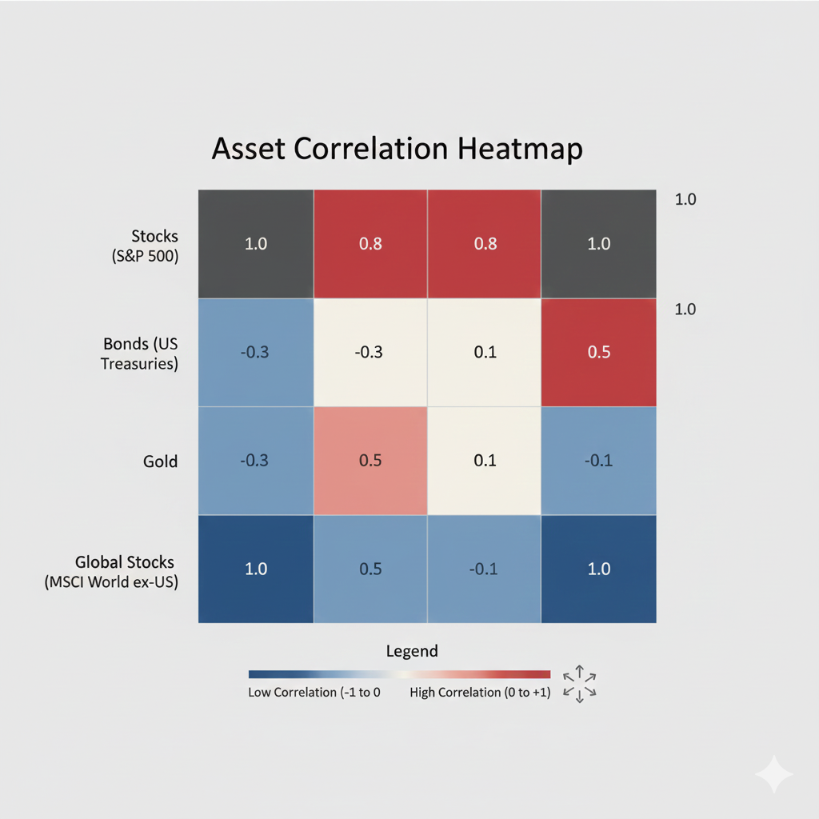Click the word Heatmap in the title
[520, 150]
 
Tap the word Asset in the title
[249, 148]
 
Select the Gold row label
[160, 461]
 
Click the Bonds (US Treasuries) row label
[139, 354]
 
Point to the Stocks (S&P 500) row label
[146, 246]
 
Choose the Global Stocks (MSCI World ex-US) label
[111, 572]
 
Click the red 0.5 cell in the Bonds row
[598, 353]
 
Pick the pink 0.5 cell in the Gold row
[370, 461]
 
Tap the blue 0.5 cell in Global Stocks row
[370, 569]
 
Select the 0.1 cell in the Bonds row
[484, 353]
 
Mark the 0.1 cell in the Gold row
[484, 461]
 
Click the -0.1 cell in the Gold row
[598, 461]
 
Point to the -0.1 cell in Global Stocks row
[484, 569]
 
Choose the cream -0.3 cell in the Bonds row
[370, 353]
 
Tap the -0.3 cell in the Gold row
[256, 461]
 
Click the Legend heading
[412, 651]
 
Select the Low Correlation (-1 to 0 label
[314, 692]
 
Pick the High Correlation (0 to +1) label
[480, 692]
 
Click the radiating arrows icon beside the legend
[580, 685]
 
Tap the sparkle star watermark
[774, 774]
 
